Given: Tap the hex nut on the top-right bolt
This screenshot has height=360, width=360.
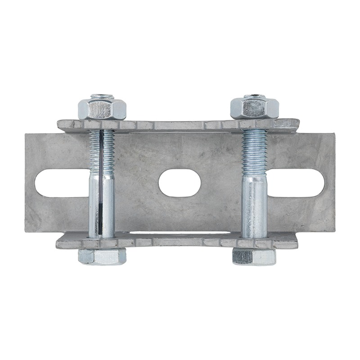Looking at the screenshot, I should pos(254,108).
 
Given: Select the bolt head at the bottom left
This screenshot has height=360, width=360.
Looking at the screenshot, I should pos(102,256).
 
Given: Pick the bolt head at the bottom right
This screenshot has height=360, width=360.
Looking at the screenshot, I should pos(254,256).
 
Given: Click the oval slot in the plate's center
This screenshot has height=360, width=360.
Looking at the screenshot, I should pos(180,183).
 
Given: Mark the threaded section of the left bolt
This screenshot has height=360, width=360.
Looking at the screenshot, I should pos(103,151).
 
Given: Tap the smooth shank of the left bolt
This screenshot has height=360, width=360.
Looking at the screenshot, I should pos(102,205).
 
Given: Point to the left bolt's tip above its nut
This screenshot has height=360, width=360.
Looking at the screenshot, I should pos(102,97).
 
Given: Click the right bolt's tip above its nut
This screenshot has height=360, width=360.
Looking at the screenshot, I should pos(255,96).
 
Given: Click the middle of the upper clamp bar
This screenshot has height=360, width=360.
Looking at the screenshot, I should pos(179,126).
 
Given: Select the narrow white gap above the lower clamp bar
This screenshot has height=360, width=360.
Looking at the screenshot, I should pos(180,233).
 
